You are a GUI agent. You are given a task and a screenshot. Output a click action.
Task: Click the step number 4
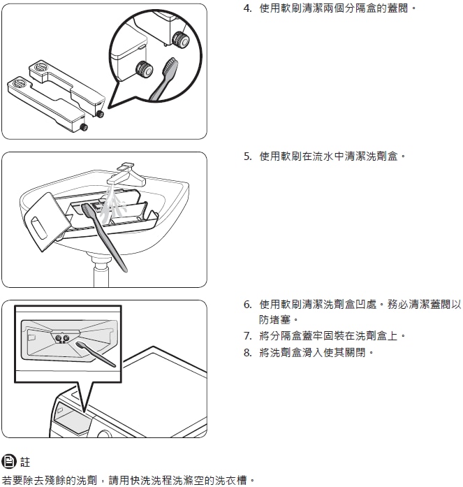pos(247,8)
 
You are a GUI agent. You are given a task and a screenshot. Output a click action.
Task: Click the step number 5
pos(247,157)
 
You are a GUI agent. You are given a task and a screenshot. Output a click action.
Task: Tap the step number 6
pos(247,305)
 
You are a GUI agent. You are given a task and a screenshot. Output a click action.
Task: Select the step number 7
pos(247,336)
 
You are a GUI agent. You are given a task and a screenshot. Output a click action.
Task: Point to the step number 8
pos(247,353)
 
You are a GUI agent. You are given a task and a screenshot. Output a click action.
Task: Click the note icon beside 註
pos(9,461)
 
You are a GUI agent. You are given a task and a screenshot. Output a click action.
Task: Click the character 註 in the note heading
pos(25,462)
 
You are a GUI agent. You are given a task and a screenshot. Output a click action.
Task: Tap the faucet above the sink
pos(126,175)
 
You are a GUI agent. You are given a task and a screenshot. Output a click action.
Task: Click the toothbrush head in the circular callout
pos(170,66)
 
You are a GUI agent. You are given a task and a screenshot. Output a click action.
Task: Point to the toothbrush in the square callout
pos(95,354)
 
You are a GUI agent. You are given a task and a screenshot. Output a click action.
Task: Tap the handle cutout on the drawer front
pos(39,228)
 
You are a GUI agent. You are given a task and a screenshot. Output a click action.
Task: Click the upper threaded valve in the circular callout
pos(180,39)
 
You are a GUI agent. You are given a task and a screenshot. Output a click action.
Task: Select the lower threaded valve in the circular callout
pos(145,69)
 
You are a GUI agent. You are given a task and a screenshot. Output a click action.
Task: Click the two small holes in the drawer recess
pos(61,338)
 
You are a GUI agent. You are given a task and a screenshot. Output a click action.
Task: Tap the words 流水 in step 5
pos(323,157)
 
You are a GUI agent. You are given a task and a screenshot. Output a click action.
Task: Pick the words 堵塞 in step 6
pos(280,319)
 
